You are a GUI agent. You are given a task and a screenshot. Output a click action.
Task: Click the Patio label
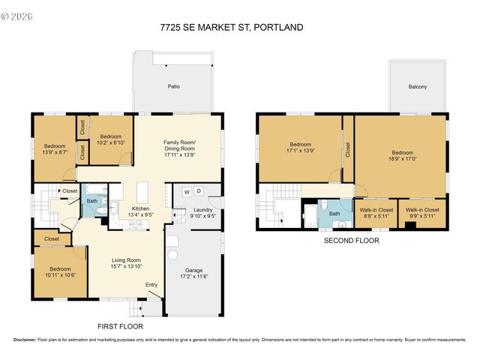(x=173, y=87)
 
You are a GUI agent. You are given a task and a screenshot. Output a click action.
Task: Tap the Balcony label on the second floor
(x=418, y=87)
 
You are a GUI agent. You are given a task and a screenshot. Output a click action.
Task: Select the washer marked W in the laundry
(x=186, y=190)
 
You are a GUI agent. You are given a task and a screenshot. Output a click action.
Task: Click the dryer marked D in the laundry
(x=199, y=190)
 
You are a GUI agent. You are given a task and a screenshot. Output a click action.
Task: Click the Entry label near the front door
(x=151, y=284)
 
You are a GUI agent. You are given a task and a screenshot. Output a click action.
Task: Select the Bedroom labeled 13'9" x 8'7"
(x=54, y=149)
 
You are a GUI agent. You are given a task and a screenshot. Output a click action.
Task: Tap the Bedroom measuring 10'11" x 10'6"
(x=60, y=271)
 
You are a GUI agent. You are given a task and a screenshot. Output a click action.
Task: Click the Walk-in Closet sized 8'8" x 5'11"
(x=376, y=213)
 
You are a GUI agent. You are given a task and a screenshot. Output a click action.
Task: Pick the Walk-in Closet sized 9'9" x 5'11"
(x=421, y=213)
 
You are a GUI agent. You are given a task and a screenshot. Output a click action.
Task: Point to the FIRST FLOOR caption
(x=121, y=326)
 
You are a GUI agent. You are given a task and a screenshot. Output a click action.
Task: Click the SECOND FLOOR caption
(x=351, y=241)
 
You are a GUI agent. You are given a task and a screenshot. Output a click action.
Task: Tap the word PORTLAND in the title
(x=278, y=28)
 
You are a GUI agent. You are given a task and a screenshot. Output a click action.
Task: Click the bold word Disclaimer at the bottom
(x=27, y=340)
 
